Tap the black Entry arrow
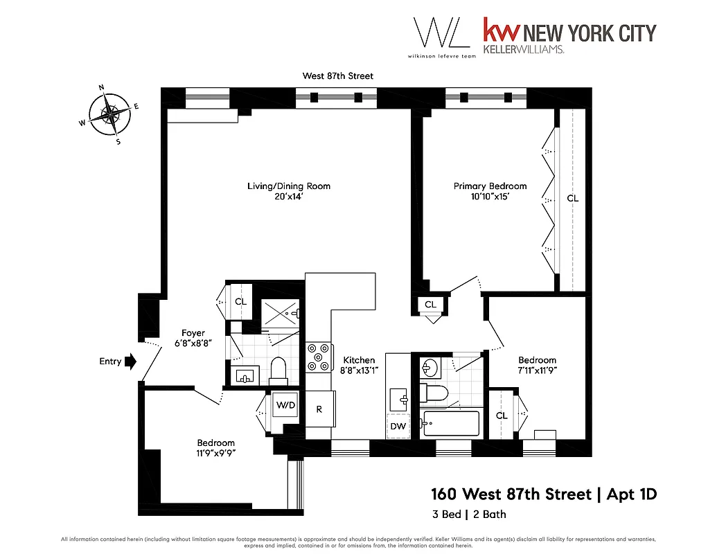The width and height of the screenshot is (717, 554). click(130, 361)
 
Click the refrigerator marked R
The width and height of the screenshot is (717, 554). click(319, 409)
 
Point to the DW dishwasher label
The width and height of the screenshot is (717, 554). click(398, 427)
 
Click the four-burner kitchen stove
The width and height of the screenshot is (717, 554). click(319, 358)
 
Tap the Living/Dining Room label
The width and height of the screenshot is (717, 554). click(289, 186)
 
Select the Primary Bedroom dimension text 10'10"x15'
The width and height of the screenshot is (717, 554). click(490, 197)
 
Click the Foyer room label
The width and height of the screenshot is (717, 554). click(193, 333)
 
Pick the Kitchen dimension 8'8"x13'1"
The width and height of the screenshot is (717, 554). click(359, 370)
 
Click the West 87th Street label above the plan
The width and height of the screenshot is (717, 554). click(338, 75)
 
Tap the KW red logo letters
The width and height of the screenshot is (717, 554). click(500, 33)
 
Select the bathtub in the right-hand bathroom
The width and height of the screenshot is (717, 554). click(450, 422)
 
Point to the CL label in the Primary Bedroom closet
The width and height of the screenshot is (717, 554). click(572, 199)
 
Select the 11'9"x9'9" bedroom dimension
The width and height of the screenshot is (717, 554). click(215, 454)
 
